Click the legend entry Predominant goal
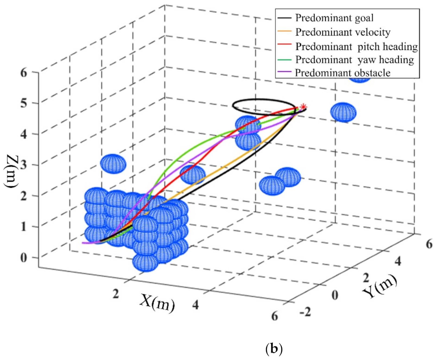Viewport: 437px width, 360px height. (x=334, y=18)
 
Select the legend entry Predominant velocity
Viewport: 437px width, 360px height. (x=343, y=32)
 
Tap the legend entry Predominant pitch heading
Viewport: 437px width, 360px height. (x=356, y=46)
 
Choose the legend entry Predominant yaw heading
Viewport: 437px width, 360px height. (x=354, y=59)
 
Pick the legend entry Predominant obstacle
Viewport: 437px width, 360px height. (x=343, y=73)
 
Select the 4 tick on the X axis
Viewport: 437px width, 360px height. (x=195, y=305)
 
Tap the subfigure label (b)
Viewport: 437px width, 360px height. (x=274, y=349)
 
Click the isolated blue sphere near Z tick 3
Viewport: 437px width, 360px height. (x=113, y=164)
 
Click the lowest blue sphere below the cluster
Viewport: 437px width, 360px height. (x=145, y=262)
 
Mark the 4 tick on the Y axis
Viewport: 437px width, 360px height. (x=398, y=261)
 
